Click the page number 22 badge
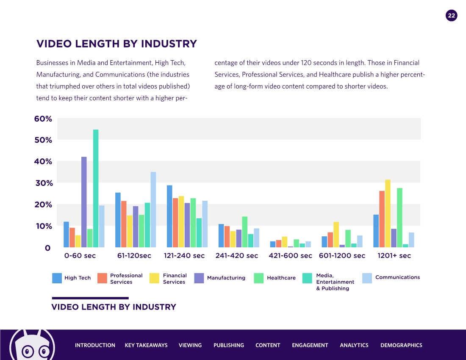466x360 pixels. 452,16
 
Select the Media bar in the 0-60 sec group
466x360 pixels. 96,188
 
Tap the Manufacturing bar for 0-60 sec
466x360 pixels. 84,202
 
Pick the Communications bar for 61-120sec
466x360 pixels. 153,210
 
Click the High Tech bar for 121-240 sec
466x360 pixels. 169,216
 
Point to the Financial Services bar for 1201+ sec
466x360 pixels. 388,213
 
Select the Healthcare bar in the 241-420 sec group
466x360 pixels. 245,232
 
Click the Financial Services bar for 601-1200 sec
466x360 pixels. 336,235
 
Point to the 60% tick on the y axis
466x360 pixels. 43,119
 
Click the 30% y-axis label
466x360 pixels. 43,183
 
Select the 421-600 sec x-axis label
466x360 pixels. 290,256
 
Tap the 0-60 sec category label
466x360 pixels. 80,256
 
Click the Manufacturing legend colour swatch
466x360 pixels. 200,278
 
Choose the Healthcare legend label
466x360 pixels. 281,278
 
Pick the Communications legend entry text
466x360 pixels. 397,277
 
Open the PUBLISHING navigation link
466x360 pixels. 229,345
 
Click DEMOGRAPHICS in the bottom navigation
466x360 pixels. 401,345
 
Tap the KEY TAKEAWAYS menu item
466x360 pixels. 146,345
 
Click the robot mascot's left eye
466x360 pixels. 28,351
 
